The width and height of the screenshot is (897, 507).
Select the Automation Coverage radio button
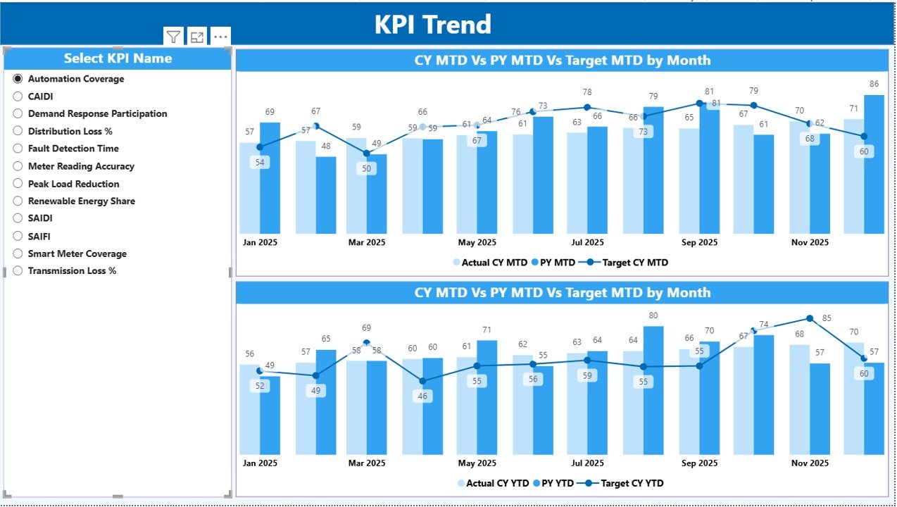tap(18, 79)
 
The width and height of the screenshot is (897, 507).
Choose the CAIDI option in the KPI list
tap(18, 96)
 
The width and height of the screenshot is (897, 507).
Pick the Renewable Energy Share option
tap(18, 201)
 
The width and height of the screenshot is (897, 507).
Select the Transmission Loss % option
tap(18, 270)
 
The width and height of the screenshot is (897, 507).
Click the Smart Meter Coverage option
tap(18, 254)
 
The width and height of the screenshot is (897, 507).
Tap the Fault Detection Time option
tap(18, 149)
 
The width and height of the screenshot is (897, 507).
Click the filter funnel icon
tap(173, 37)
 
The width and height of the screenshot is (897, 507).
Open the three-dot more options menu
tap(220, 37)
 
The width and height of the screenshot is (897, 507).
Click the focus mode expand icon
tap(197, 37)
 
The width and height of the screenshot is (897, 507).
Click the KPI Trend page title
tap(432, 25)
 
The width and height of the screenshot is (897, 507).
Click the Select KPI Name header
tap(118, 58)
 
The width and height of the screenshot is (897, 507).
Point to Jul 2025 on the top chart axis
tap(586, 242)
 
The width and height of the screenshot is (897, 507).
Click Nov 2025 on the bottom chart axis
tap(809, 463)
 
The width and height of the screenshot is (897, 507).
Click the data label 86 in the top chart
tap(874, 84)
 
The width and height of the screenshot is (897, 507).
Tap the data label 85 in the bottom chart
tap(827, 318)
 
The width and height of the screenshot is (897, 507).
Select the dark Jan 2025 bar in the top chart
tap(270, 178)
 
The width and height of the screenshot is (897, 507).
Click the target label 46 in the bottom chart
tap(422, 396)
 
